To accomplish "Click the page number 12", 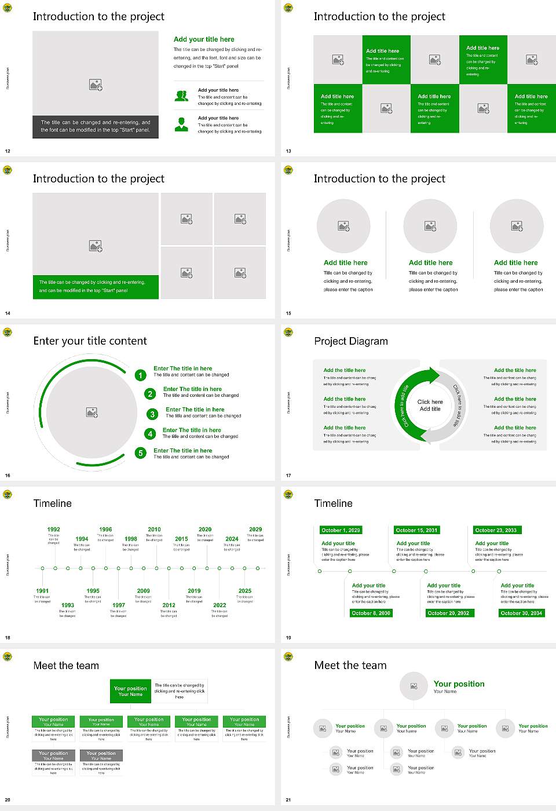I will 8,151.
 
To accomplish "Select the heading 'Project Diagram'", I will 351,341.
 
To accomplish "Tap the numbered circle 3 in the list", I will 152,414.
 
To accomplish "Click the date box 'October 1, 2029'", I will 341,530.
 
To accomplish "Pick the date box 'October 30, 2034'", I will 521,613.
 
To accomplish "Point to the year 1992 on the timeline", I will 53,529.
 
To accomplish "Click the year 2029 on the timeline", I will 255,529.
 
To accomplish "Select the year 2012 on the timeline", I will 169,605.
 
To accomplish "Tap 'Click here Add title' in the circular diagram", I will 430,405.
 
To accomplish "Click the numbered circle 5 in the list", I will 140,453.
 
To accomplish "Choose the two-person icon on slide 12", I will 181,96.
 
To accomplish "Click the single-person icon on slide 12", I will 181,124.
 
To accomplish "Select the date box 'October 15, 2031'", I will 416,530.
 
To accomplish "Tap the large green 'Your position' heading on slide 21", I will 459,684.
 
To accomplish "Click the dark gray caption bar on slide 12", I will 96,126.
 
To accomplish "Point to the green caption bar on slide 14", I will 96,287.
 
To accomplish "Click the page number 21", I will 288,800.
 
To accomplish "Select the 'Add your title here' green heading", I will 204,39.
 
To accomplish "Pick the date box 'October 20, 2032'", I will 448,613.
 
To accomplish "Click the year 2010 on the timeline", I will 154,529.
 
